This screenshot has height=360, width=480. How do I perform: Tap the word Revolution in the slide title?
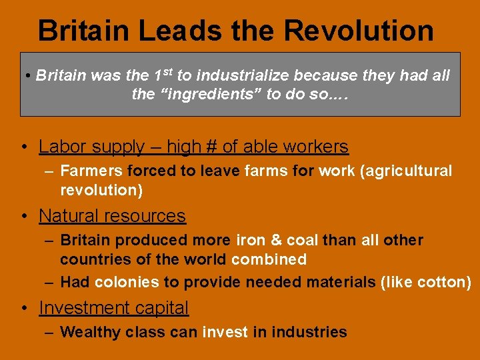pyautogui.click(x=358, y=31)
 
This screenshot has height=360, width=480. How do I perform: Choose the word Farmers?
pyautogui.click(x=91, y=171)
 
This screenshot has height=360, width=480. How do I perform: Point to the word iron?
pyautogui.click(x=251, y=240)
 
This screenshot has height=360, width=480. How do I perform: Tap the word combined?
pyautogui.click(x=269, y=259)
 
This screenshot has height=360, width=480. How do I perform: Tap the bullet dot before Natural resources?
pyautogui.click(x=23, y=217)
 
